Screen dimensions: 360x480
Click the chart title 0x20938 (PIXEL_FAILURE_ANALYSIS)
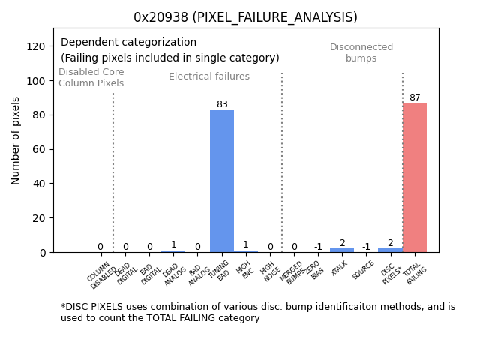245,17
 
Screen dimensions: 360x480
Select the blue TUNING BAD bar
222,181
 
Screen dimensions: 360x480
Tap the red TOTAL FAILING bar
415,178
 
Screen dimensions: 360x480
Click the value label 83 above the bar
222,104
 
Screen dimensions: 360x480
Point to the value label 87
415,97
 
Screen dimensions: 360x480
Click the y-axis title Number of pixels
16,140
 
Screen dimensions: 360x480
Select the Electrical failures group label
209,76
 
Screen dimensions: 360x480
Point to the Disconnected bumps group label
361,52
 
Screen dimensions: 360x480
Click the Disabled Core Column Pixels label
91,77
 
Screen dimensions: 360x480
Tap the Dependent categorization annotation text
128,43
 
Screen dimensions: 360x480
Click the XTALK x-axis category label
340,269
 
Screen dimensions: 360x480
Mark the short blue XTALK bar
342,250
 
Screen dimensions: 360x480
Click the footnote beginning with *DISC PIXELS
257,312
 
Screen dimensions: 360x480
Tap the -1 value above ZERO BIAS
318,247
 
